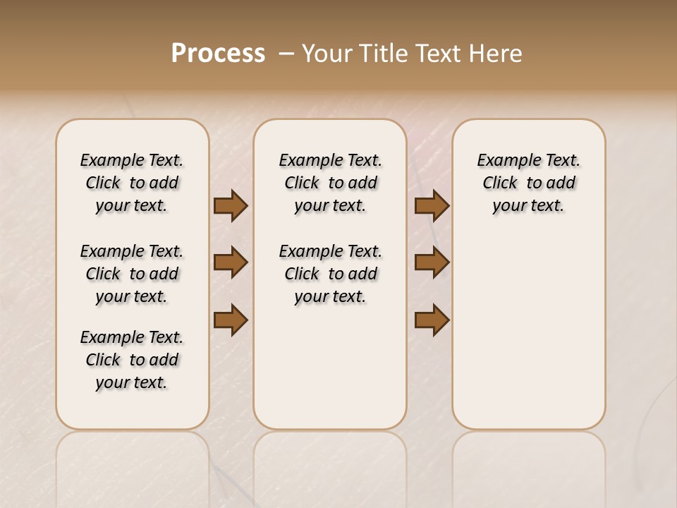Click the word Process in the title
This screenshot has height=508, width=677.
click(x=218, y=54)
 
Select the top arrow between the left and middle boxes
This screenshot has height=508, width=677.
click(x=231, y=205)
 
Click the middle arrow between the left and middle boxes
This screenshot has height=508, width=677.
click(x=231, y=262)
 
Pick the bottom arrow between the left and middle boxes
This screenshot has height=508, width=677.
click(x=231, y=320)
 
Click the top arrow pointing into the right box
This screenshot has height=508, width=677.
click(x=432, y=205)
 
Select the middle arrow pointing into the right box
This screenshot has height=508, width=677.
click(x=432, y=262)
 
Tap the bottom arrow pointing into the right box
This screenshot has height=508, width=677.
click(x=432, y=320)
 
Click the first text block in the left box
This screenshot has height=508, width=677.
click(x=132, y=183)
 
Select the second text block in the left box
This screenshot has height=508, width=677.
click(x=132, y=274)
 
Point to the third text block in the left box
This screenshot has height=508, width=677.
click(x=132, y=360)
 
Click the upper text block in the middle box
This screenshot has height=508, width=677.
click(x=330, y=183)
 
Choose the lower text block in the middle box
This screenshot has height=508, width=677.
click(x=330, y=274)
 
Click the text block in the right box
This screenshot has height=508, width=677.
click(x=529, y=183)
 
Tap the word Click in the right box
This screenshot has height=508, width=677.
click(x=500, y=183)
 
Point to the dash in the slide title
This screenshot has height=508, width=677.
click(x=286, y=54)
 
